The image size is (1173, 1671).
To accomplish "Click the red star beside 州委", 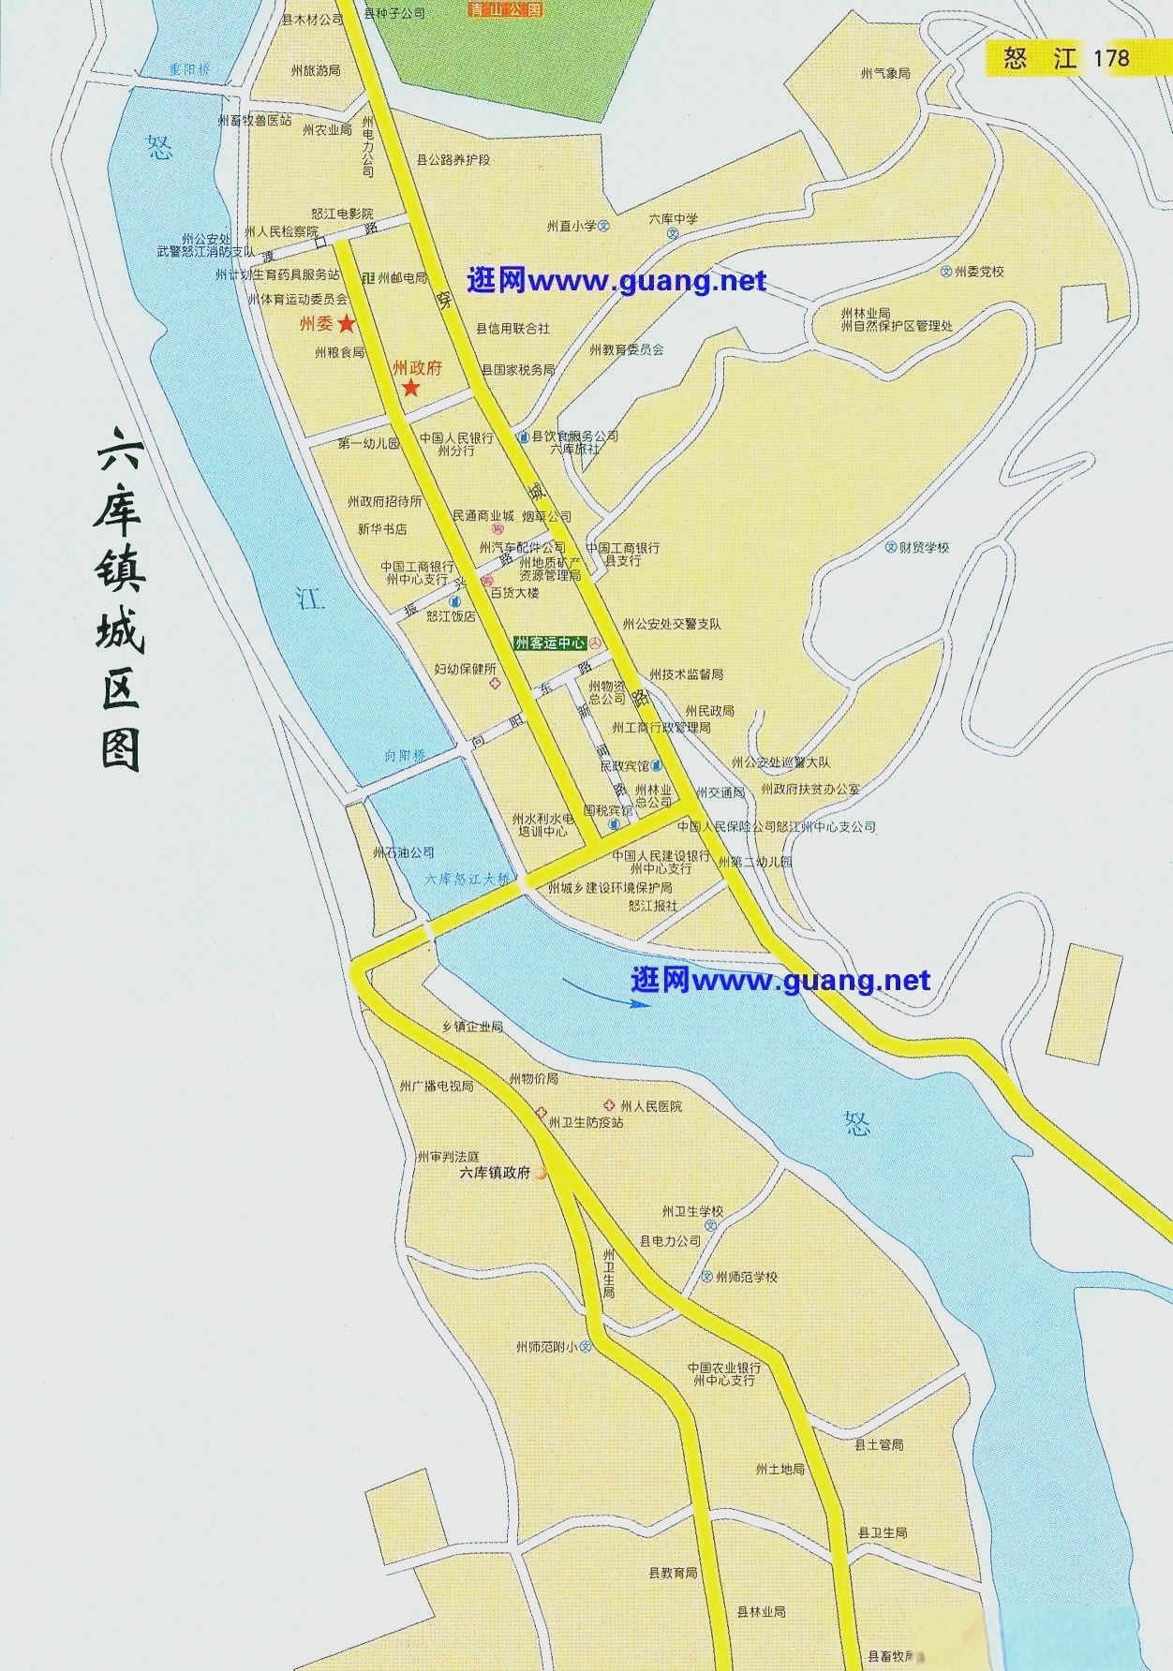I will (347, 324).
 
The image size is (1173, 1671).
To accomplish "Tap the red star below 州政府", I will (410, 388).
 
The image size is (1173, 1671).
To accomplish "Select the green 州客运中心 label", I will (551, 643).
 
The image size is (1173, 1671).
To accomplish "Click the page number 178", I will (1111, 58).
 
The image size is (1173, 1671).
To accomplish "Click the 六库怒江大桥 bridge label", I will (468, 879).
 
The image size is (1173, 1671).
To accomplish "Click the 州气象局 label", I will (885, 73).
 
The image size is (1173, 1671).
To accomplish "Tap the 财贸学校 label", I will (924, 547).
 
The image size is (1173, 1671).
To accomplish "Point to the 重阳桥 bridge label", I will (190, 70).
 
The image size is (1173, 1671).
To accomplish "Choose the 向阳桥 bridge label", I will (405, 755).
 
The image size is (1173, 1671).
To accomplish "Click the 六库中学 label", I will (674, 218).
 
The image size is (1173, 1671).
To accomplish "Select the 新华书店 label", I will (382, 529).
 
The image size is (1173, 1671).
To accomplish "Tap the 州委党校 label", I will (979, 272).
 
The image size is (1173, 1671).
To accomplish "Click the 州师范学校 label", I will (747, 1277).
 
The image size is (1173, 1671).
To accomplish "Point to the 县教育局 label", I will (674, 1573).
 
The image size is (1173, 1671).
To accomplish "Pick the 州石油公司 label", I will (404, 852).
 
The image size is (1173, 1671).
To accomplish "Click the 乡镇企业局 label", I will (473, 1027).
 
